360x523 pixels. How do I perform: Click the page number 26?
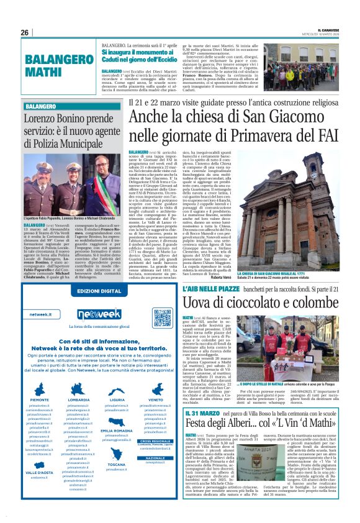[25, 32]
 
